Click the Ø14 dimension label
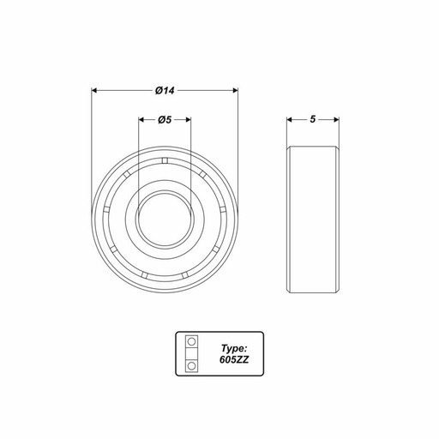tap(165, 91)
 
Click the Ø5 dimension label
tap(165, 119)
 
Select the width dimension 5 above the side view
tap(313, 119)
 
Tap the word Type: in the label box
tap(234, 348)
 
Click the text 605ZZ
tap(234, 359)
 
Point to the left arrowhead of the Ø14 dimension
tap(94, 91)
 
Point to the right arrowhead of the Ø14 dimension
tap(235, 91)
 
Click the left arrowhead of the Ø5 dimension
tap(142, 119)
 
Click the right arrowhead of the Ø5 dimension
tap(188, 119)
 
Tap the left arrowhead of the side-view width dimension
tap(290, 119)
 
